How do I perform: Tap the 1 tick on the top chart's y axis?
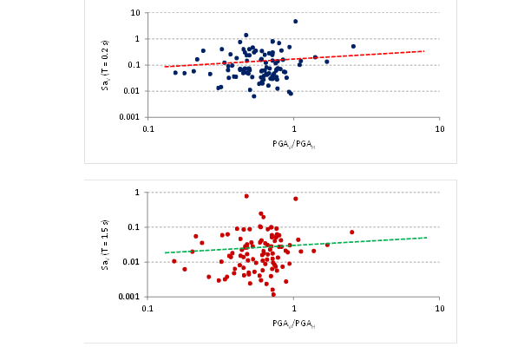click(x=139, y=39)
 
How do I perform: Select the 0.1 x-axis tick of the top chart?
click(x=148, y=128)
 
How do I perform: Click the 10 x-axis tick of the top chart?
click(x=440, y=128)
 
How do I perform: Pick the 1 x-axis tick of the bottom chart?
click(x=294, y=308)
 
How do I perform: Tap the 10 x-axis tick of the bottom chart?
click(x=440, y=308)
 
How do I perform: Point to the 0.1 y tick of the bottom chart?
click(x=136, y=227)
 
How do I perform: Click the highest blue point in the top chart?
click(x=295, y=21)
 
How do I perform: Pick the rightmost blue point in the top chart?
click(x=353, y=46)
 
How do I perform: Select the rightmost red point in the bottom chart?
click(x=352, y=232)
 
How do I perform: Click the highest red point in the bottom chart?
click(x=246, y=196)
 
